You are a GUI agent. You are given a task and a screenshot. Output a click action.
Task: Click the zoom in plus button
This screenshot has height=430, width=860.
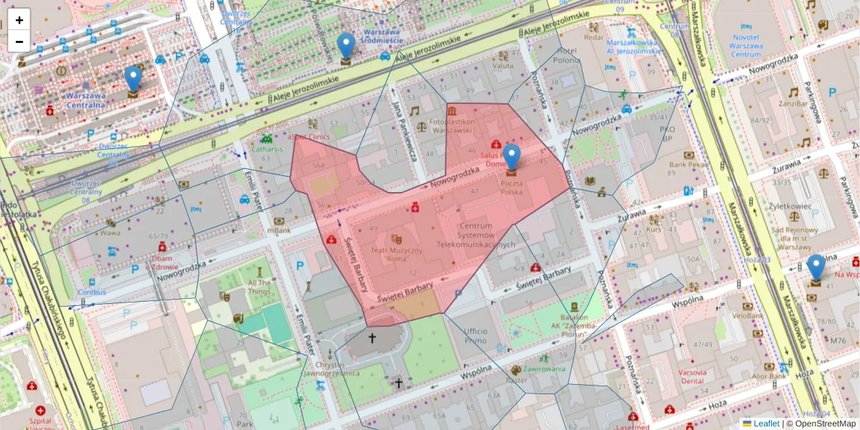coord(19,20)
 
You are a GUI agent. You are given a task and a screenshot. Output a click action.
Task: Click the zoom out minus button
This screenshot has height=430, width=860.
coord(19,42)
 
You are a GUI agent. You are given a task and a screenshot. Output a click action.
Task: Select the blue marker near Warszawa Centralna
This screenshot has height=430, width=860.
coord(133,81)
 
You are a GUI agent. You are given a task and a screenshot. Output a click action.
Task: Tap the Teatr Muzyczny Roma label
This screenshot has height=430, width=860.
coord(396,255)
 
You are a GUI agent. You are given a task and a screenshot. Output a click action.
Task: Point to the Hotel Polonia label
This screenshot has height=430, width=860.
coord(566,57)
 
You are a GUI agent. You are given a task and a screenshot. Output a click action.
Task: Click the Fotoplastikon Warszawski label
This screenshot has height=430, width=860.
coord(450,126)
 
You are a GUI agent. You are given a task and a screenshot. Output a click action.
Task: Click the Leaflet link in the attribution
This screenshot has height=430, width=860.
coord(766,424)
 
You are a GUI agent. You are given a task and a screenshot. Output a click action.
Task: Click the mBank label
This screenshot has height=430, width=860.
coord(279,231)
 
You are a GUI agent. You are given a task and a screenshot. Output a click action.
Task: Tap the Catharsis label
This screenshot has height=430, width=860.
coord(267,149)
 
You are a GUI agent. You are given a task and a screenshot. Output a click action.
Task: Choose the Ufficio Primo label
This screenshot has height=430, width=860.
coord(475,335)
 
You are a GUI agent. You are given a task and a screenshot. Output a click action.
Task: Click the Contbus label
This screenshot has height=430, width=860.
coord(92,292)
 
